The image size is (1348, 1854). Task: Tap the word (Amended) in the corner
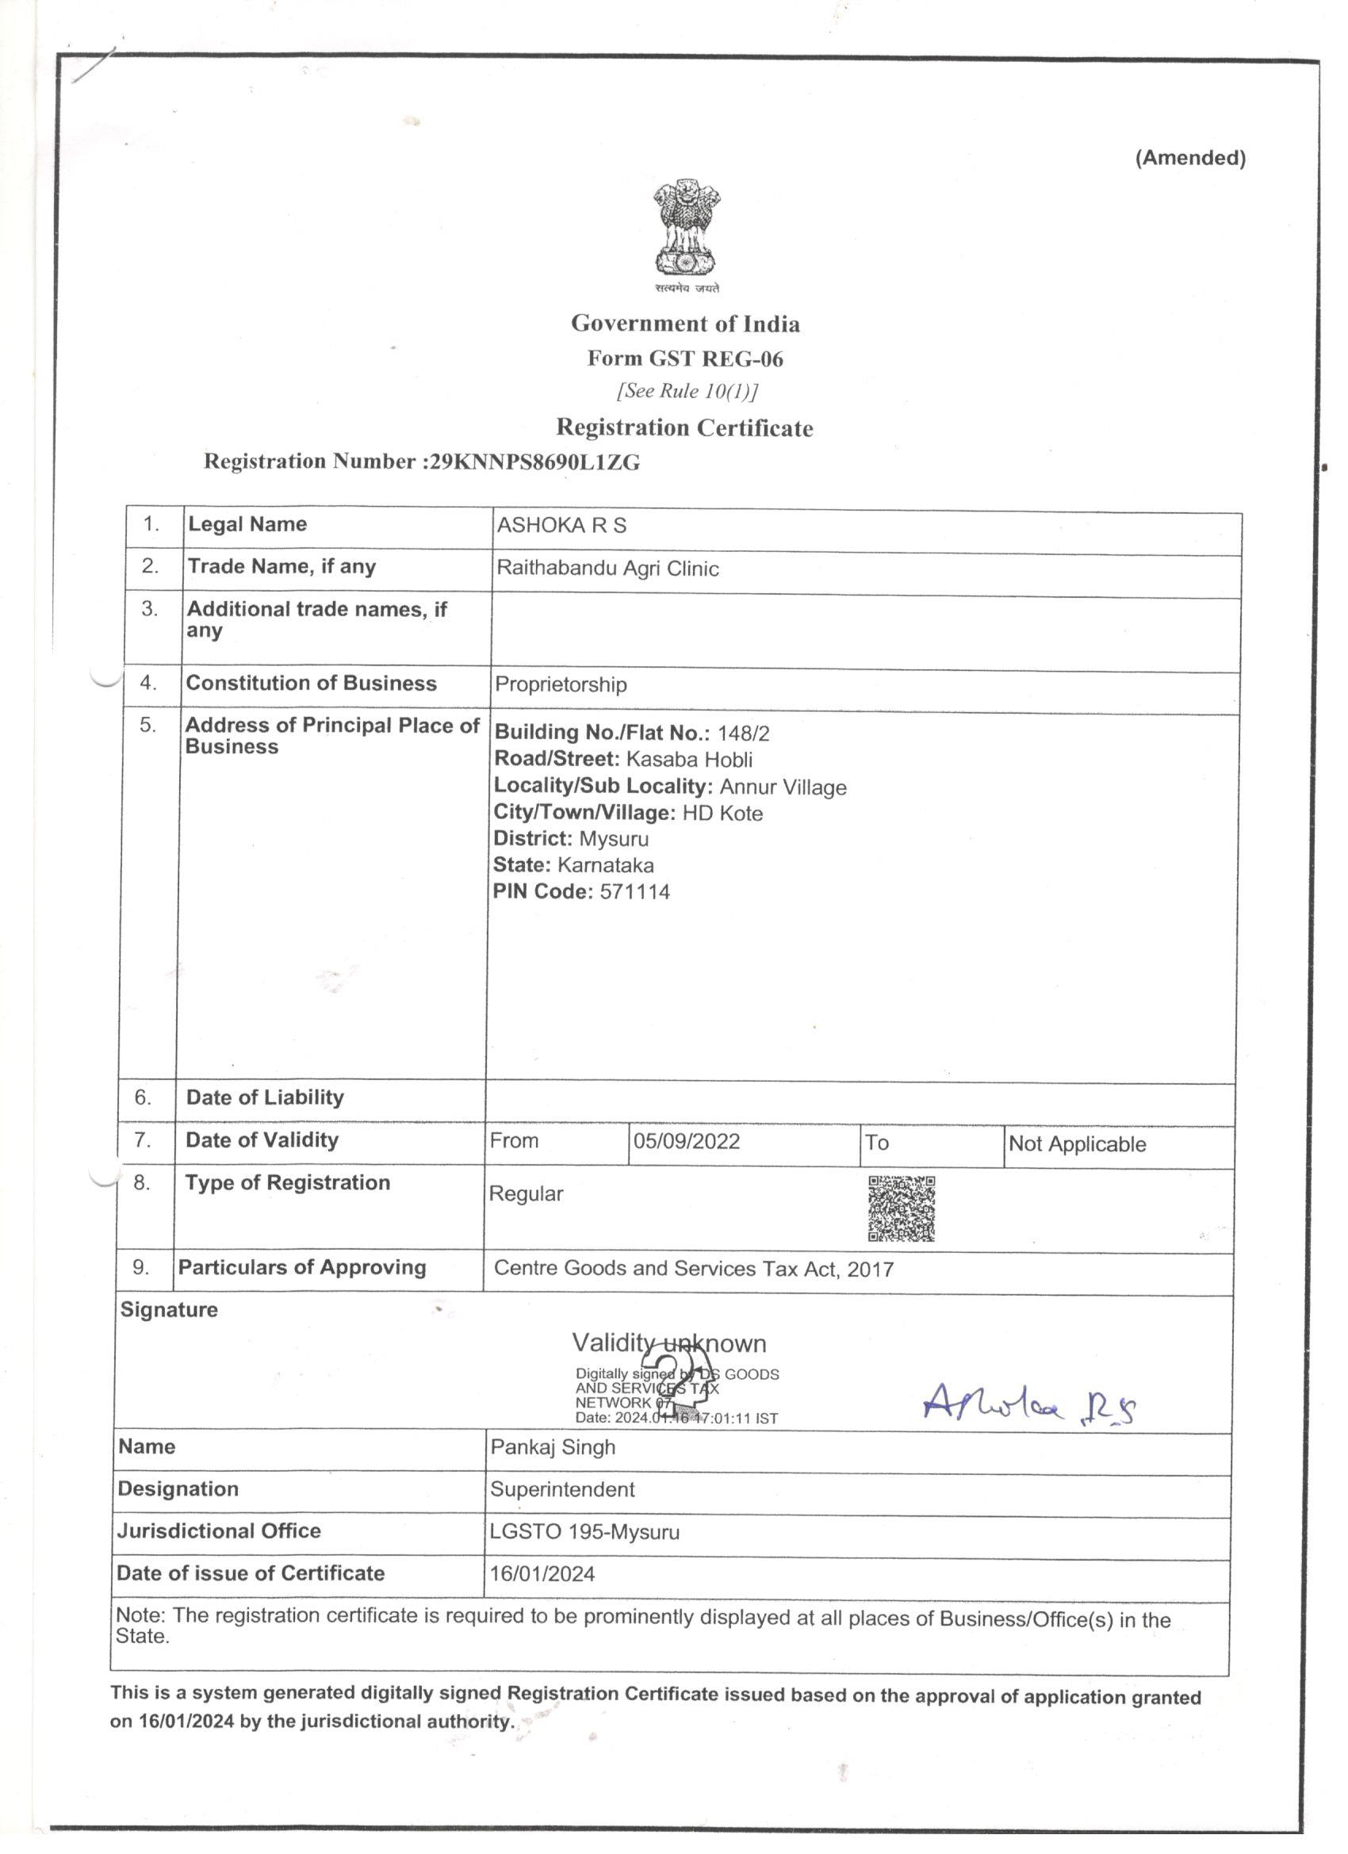pyautogui.click(x=1189, y=158)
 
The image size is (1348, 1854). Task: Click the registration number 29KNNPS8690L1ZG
pyautogui.click(x=534, y=462)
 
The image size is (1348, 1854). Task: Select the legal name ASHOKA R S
pyautogui.click(x=561, y=526)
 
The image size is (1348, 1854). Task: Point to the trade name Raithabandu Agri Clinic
pyautogui.click(x=607, y=569)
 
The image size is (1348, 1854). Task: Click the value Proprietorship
pyautogui.click(x=561, y=684)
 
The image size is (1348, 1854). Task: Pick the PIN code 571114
pyautogui.click(x=634, y=892)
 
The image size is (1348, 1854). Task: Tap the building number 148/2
pyautogui.click(x=743, y=734)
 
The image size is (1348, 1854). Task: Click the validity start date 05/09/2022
pyautogui.click(x=687, y=1141)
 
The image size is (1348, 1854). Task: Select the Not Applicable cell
pyautogui.click(x=1077, y=1144)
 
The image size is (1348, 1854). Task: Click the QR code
pyautogui.click(x=901, y=1209)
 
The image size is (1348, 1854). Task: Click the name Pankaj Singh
pyautogui.click(x=553, y=1448)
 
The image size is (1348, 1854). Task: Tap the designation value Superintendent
pyautogui.click(x=562, y=1489)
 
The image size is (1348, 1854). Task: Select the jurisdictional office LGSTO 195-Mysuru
pyautogui.click(x=584, y=1532)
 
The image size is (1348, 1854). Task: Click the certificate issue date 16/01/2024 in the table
pyautogui.click(x=543, y=1574)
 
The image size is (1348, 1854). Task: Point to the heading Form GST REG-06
pyautogui.click(x=685, y=359)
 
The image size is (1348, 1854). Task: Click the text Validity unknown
pyautogui.click(x=668, y=1343)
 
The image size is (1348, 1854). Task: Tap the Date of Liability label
pyautogui.click(x=265, y=1097)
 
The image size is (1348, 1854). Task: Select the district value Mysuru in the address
pyautogui.click(x=613, y=840)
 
